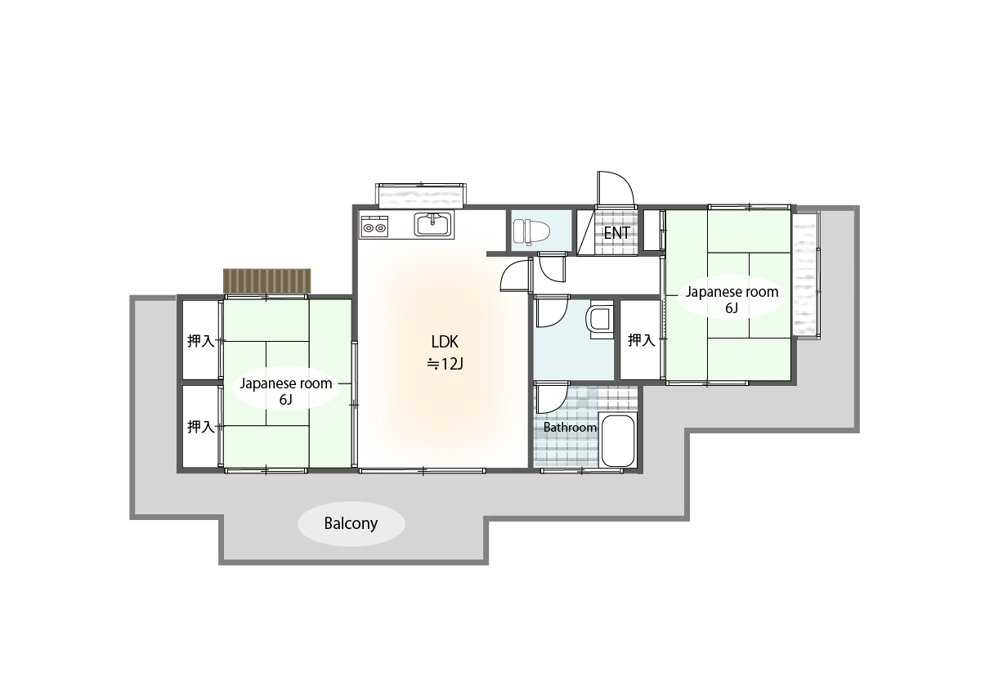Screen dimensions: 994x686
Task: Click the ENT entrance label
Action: tap(617, 233)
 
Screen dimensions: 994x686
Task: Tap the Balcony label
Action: tap(351, 523)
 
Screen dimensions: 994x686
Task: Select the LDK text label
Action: tap(445, 342)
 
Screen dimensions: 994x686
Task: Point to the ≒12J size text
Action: tap(445, 365)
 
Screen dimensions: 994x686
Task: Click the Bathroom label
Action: tap(570, 428)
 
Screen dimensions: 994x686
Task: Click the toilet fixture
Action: tap(531, 231)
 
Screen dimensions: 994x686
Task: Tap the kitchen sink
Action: tap(433, 225)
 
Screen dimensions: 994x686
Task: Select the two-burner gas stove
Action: tap(374, 227)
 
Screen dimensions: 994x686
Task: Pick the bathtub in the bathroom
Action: tap(618, 440)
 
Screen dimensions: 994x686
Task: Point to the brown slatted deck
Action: tap(266, 281)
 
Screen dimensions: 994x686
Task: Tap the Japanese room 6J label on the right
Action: tap(732, 299)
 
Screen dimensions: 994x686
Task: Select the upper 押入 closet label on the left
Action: tap(201, 341)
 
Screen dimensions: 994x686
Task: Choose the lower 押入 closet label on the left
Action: tap(201, 427)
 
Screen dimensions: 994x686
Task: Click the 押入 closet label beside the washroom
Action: tap(641, 340)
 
